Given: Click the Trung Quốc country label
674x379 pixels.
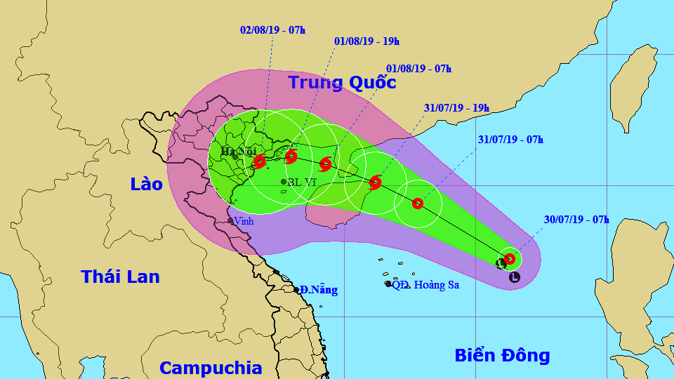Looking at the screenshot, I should (x=342, y=83).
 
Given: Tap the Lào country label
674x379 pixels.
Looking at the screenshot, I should (x=146, y=185).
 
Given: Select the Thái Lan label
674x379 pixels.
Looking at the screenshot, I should (x=120, y=277).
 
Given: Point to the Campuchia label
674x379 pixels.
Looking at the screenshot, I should (x=211, y=368).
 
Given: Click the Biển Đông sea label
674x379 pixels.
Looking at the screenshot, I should (x=502, y=355).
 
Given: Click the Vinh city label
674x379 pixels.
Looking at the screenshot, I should (x=243, y=221).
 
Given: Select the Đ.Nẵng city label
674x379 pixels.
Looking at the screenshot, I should (x=318, y=290).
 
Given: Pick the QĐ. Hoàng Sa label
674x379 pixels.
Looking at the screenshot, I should (x=425, y=284).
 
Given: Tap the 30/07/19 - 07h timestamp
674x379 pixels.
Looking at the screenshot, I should (x=576, y=220).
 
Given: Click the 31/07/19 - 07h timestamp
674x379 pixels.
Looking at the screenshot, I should (x=510, y=140).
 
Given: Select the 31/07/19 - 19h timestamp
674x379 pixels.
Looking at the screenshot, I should (x=456, y=108).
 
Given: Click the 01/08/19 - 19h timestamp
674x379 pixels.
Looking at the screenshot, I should (x=366, y=41).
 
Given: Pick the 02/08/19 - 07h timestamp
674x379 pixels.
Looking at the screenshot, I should (x=272, y=30).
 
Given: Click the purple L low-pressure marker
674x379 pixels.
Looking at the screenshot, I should (x=515, y=277).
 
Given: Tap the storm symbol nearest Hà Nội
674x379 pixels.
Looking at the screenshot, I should (x=259, y=161).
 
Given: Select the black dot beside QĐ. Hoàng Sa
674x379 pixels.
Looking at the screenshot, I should (x=388, y=284).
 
